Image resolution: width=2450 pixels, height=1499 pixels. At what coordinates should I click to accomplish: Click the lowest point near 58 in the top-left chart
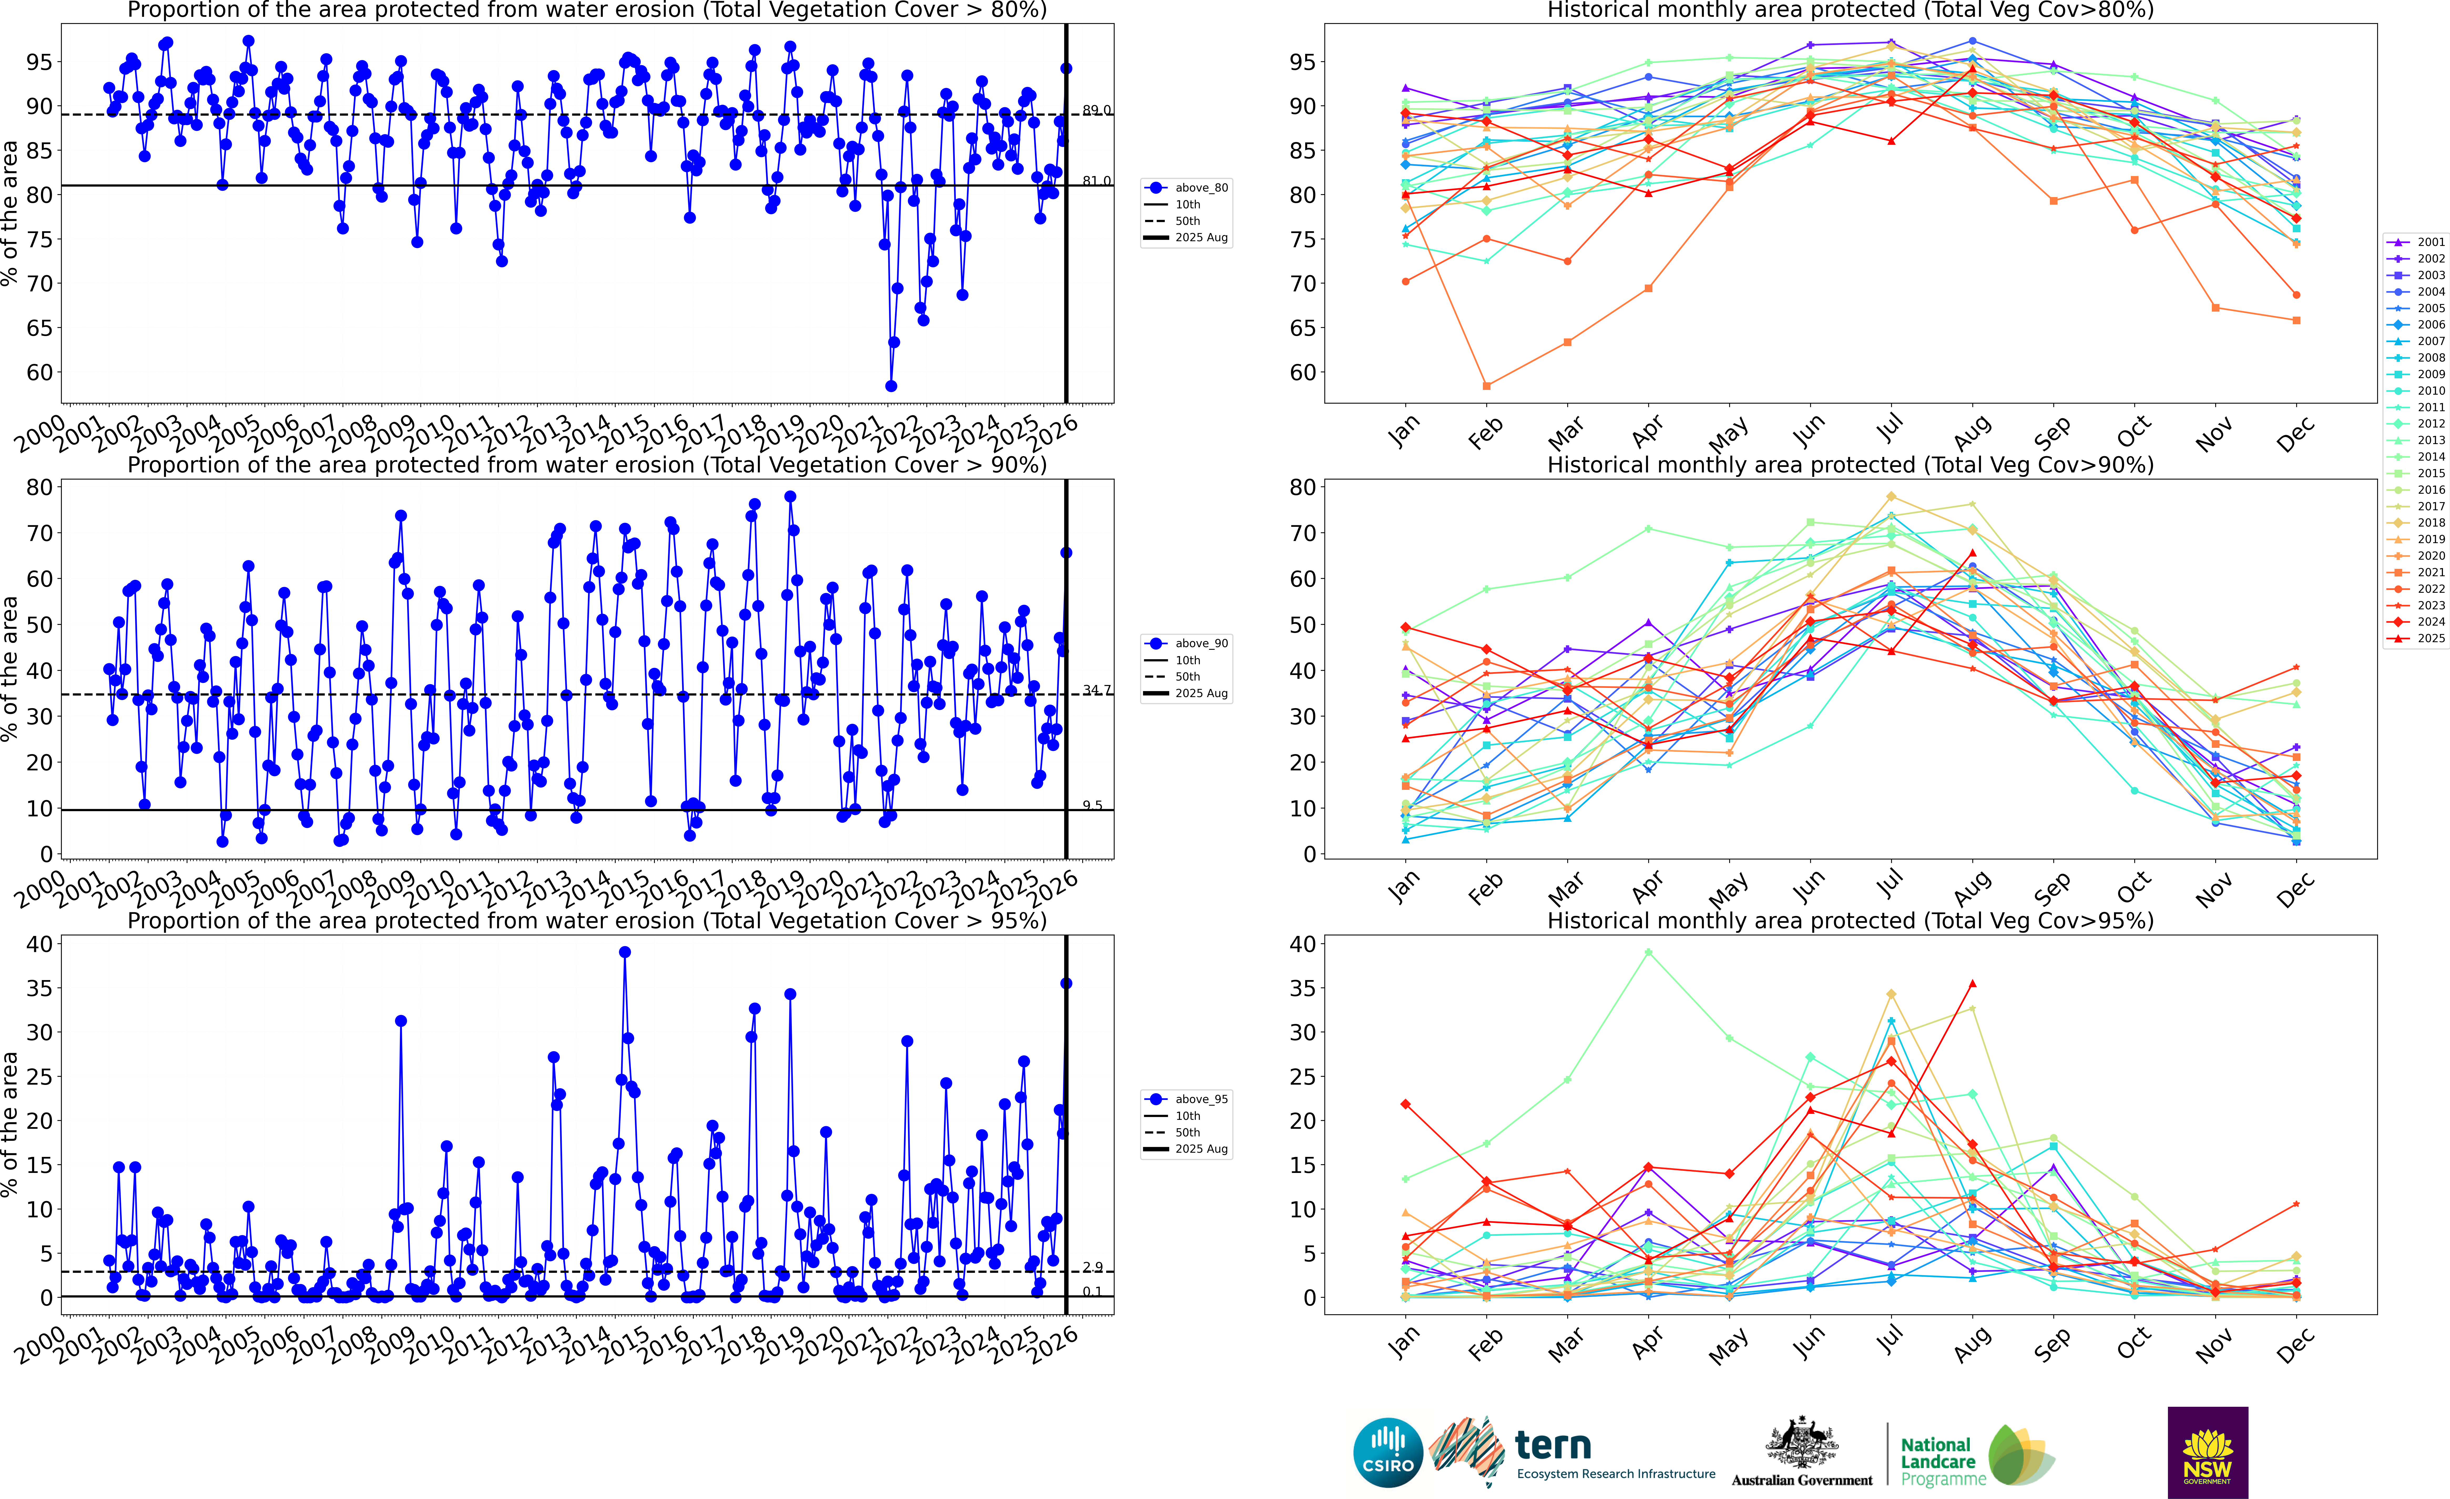(x=891, y=386)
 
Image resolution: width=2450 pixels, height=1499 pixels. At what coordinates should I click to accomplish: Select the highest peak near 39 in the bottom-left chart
(x=624, y=951)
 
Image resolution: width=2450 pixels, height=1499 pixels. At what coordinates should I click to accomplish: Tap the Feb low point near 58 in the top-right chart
(x=1487, y=386)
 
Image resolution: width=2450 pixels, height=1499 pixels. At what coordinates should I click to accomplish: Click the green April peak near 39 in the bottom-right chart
(x=1648, y=952)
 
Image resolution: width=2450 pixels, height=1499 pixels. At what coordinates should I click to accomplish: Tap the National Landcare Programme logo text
(x=1935, y=1461)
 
